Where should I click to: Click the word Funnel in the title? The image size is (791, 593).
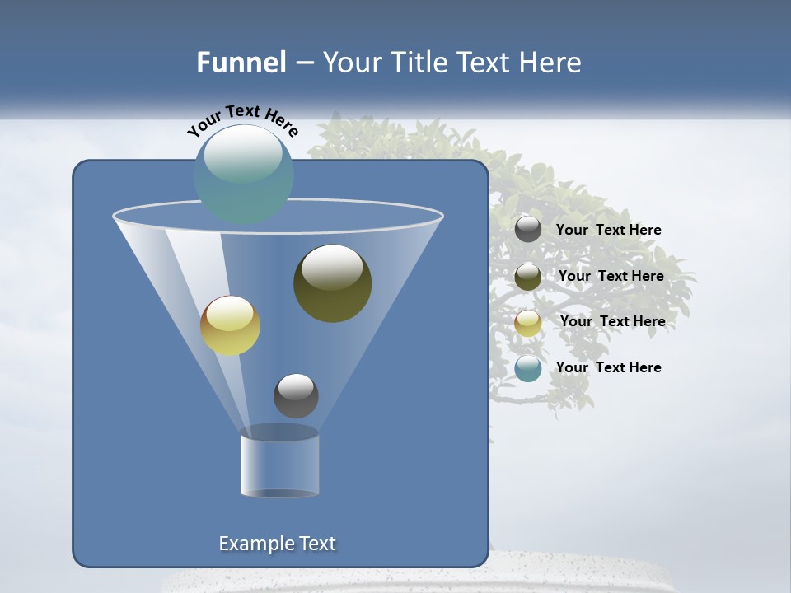(x=241, y=63)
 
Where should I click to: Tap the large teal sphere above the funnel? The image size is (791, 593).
(x=243, y=173)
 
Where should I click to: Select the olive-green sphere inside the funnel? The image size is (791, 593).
(x=332, y=282)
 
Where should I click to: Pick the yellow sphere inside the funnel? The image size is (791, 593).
(x=230, y=325)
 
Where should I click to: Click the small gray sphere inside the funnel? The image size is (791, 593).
(x=296, y=395)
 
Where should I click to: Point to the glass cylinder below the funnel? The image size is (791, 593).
(x=279, y=465)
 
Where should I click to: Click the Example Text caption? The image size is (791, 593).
(x=278, y=544)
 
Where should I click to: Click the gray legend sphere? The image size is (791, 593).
(x=528, y=229)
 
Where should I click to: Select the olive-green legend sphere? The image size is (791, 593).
(x=528, y=276)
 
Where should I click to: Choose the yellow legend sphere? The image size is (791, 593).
(x=528, y=322)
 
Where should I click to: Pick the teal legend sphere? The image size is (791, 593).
(x=528, y=368)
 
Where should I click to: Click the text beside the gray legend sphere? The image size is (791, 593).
(x=608, y=230)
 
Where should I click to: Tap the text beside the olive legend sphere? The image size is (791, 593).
(x=611, y=276)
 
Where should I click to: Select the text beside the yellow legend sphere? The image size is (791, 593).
(x=612, y=321)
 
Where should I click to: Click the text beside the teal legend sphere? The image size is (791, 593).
(x=608, y=367)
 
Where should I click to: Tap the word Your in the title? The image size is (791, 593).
(x=349, y=63)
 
